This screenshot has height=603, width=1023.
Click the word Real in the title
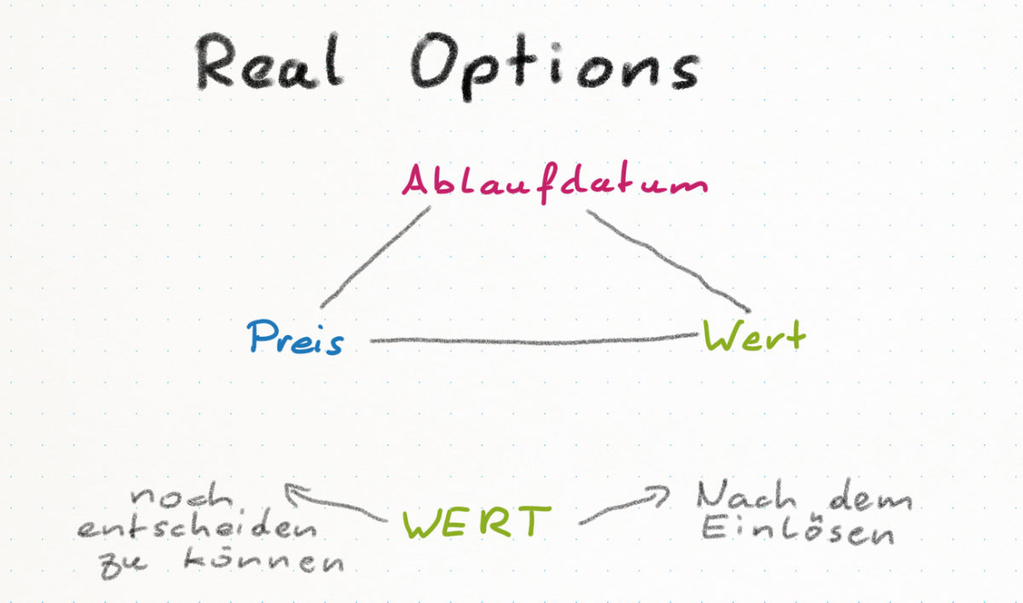coord(269,64)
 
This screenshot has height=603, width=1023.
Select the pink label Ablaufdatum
coord(555,183)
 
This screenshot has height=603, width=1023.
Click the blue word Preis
coord(296,339)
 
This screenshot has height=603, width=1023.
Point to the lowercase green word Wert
coord(754,337)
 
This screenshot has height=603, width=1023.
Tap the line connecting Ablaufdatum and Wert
coord(669,260)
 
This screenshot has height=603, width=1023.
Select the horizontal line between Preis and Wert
coord(533,342)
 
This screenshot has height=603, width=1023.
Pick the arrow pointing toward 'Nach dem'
coord(622,507)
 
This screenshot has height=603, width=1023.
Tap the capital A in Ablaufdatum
coord(418,181)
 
